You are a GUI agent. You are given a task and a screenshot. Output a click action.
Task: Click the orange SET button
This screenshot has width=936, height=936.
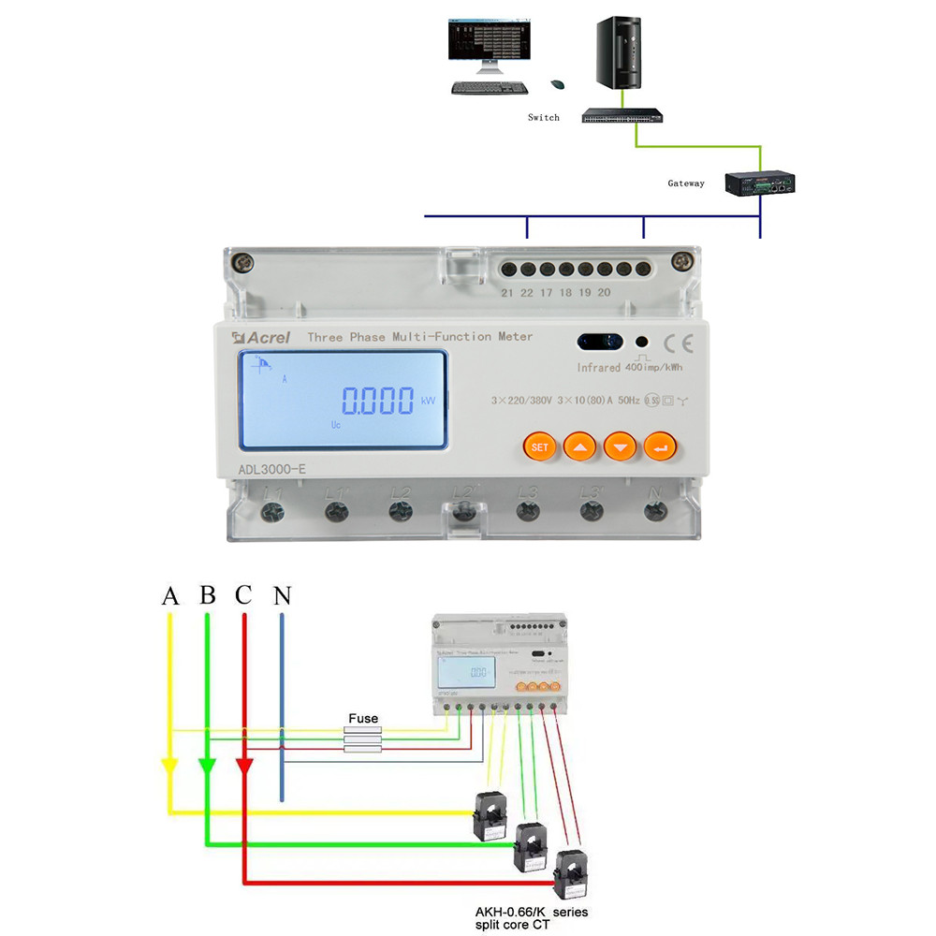point(540,446)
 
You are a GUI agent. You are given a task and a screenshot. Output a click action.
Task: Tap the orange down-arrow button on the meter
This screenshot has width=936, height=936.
point(620,446)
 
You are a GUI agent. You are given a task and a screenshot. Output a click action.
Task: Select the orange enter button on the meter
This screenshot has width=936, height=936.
point(660,446)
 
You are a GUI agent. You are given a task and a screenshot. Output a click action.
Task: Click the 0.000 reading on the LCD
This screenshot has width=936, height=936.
point(377,402)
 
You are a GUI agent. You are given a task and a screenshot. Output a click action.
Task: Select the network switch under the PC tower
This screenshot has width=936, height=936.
point(622,116)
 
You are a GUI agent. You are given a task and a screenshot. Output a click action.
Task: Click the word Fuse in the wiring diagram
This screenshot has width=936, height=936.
point(363,719)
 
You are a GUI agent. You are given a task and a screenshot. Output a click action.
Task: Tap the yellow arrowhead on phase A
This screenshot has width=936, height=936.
point(169,767)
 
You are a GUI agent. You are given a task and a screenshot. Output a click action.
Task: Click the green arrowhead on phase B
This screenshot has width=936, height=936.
point(207,767)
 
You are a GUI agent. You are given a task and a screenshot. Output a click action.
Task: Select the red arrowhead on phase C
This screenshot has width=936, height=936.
point(243,767)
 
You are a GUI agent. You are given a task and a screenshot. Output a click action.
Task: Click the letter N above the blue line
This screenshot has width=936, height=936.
point(281,595)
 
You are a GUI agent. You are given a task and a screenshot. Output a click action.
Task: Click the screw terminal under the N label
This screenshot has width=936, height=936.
point(656,511)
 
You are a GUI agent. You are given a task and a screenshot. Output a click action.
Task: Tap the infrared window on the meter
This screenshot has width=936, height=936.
point(599,343)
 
